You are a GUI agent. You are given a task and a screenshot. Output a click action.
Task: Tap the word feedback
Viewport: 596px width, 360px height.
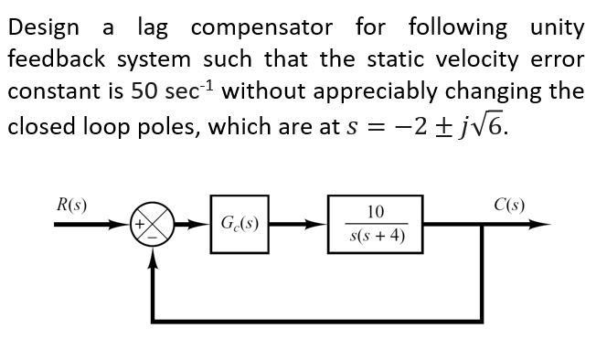(51, 59)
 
